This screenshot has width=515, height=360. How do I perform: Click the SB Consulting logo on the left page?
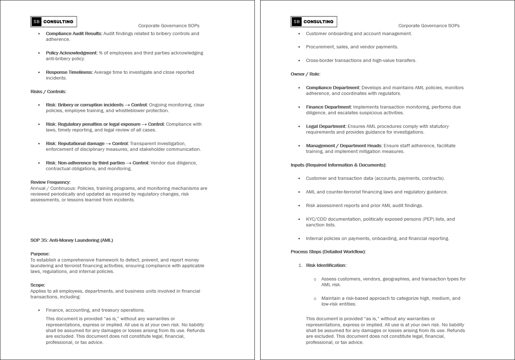pos(54,21)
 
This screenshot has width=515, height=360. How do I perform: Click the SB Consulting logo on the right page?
pos(314,21)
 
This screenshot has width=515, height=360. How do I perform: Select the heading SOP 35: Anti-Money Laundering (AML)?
pos(72,240)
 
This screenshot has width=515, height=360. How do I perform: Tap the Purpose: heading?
pos(40,254)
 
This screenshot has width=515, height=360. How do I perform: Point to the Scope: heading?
pos(38,285)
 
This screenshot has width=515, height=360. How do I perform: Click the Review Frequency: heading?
pos(51,182)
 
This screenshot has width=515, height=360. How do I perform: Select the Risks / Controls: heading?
pos(48,91)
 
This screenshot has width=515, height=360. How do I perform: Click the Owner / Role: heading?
pos(305,74)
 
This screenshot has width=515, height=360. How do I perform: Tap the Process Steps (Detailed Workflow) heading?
pos(328,251)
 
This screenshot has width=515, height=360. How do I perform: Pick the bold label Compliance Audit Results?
pos(74,33)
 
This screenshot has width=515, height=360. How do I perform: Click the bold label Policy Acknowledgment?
pos(72,53)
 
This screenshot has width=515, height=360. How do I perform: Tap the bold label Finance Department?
pos(329,107)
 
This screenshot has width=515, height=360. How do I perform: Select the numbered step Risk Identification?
pos(326,265)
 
